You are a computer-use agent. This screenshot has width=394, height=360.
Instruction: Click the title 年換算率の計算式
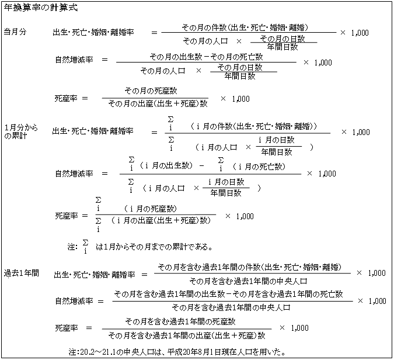pyautogui.click(x=41, y=8)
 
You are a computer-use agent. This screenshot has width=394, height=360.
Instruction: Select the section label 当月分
pyautogui.click(x=15, y=32)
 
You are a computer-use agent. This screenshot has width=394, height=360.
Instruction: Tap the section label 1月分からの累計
pyautogui.click(x=21, y=131)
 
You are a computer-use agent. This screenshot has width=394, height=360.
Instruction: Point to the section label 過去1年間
pyautogui.click(x=22, y=273)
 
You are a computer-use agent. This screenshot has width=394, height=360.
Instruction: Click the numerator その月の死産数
pyautogui.click(x=151, y=91)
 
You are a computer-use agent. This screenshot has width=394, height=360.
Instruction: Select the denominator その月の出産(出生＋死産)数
pyautogui.click(x=158, y=103)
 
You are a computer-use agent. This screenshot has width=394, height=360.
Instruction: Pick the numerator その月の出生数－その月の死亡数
pyautogui.click(x=206, y=57)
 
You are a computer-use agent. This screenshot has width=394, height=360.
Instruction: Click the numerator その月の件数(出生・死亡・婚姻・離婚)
pyautogui.click(x=245, y=27)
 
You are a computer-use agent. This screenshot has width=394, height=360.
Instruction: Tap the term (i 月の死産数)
pyautogui.click(x=150, y=209)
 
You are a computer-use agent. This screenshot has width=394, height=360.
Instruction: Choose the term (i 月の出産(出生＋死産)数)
pyautogui.click(x=161, y=220)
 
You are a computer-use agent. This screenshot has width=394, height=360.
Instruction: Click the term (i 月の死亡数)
pyautogui.click(x=259, y=167)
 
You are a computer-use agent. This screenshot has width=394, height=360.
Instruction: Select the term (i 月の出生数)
pyautogui.click(x=166, y=165)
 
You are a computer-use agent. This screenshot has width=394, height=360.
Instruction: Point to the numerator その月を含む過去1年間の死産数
pyautogui.click(x=180, y=321)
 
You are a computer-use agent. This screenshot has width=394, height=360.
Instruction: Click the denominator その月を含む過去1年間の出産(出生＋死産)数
pyautogui.click(x=187, y=335)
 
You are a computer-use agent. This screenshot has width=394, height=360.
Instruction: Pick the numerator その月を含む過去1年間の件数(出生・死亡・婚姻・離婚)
pyautogui.click(x=250, y=267)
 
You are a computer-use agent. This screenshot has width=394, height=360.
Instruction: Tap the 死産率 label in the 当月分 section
pyautogui.click(x=66, y=98)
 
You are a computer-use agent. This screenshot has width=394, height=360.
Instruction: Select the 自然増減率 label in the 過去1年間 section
pyautogui.click(x=74, y=301)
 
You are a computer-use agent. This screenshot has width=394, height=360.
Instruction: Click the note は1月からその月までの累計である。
pyautogui.click(x=154, y=247)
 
